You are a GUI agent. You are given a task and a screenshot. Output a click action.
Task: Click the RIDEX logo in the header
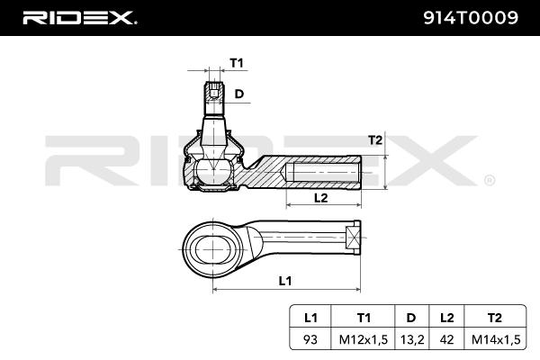point(78,17)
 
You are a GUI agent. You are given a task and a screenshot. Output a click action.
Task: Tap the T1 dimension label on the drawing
point(237,63)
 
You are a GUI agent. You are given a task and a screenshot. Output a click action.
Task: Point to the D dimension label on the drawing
point(239,94)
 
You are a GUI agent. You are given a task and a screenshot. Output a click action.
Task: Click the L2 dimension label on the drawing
point(319,197)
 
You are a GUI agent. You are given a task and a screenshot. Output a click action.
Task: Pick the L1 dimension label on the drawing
point(284,281)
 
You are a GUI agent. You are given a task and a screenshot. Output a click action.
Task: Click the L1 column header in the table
point(310,319)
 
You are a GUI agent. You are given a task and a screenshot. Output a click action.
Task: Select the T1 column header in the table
point(364,319)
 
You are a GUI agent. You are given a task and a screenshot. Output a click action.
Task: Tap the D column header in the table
point(411,319)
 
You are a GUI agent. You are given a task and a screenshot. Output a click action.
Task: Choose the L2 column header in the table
point(446,319)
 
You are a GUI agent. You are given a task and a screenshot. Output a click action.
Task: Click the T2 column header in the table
point(493,319)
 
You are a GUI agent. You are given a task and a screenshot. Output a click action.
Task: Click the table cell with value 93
point(310,340)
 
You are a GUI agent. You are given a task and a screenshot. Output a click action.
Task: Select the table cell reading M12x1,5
point(364,340)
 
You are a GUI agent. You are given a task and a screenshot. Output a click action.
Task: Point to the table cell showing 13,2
point(411,340)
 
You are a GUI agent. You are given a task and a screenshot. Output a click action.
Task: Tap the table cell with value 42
point(446,340)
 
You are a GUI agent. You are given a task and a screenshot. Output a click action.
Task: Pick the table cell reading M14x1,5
point(493,340)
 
